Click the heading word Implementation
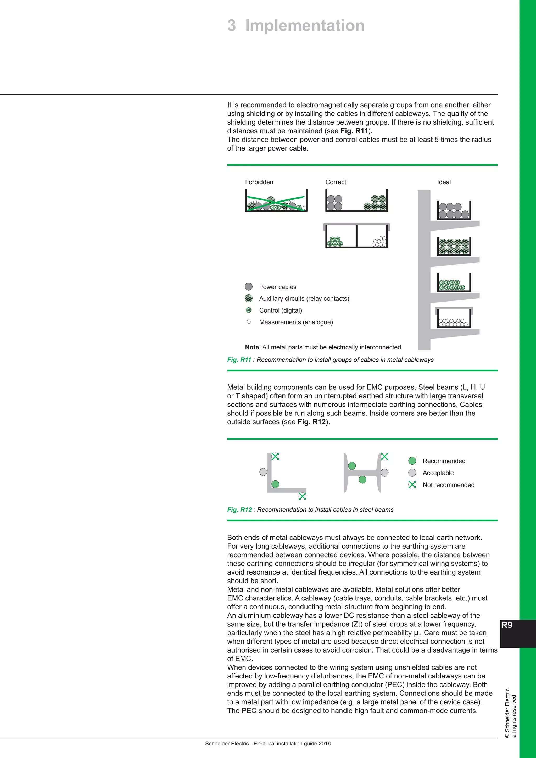305,26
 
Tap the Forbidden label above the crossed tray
259,182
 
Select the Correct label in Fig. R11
336,182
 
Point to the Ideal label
444,182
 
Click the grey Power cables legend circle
249,287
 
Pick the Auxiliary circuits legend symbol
249,298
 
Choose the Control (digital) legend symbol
249,310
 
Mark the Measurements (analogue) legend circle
249,322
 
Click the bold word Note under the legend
252,347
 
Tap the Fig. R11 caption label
239,360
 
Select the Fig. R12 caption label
239,510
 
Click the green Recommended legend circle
412,461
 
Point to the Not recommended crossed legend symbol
412,485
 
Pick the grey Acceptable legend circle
412,473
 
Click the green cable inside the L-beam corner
275,484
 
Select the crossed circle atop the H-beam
384,456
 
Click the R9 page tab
507,625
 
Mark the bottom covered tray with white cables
454,319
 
